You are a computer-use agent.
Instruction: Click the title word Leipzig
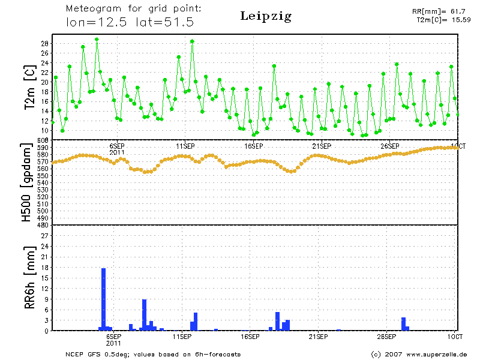(x=266, y=16)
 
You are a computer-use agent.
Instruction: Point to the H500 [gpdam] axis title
(x=27, y=183)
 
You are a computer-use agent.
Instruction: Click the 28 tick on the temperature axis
(x=45, y=44)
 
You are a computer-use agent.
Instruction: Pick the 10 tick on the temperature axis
(x=45, y=130)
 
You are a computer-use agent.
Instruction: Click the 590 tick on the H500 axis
(x=43, y=147)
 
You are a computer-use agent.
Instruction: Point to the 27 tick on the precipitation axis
(x=45, y=236)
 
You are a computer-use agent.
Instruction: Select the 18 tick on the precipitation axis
(x=45, y=268)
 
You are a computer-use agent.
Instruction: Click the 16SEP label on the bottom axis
(x=250, y=337)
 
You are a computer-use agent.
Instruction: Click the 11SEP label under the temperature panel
(x=185, y=146)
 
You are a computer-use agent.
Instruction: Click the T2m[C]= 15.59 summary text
(x=443, y=20)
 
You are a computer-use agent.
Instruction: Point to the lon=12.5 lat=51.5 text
(x=130, y=23)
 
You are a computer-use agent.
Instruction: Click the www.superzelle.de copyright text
(x=419, y=354)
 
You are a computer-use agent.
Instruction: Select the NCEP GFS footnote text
(x=153, y=354)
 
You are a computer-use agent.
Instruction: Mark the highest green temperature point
(x=97, y=39)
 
